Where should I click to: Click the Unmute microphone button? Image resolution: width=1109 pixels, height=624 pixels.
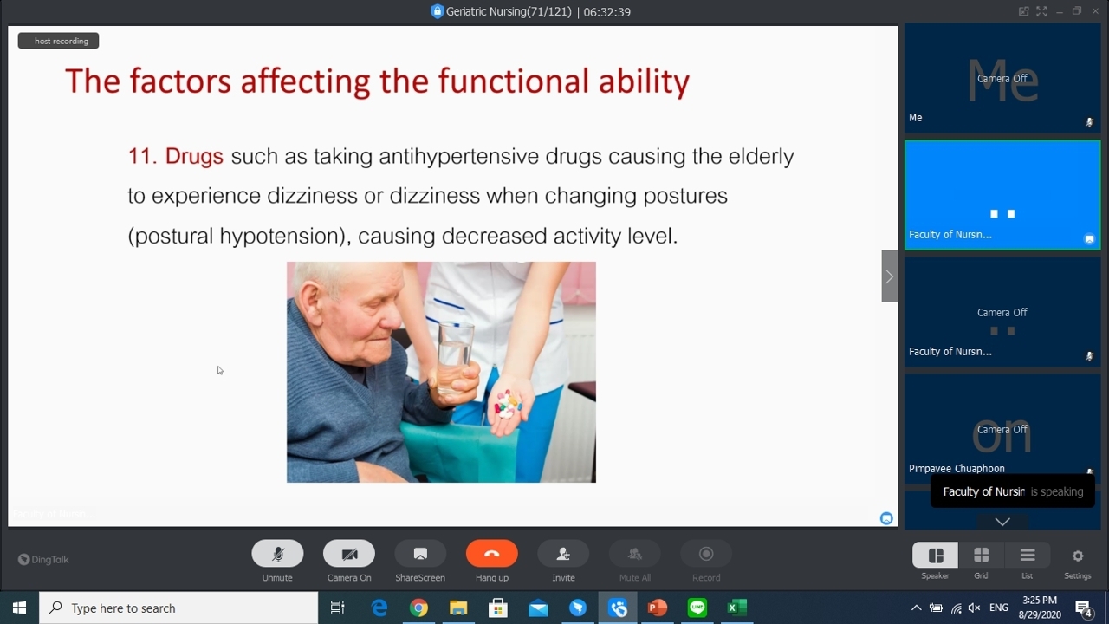click(x=277, y=554)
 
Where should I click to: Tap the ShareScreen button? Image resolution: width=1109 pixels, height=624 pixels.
click(x=420, y=554)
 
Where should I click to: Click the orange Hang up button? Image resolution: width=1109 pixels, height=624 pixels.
click(x=491, y=554)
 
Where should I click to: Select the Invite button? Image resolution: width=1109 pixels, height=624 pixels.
click(x=563, y=554)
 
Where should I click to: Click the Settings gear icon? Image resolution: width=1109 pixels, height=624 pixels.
click(x=1078, y=556)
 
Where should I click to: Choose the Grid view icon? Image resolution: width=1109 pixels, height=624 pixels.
click(x=982, y=556)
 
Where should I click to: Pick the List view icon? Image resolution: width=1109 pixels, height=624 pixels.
click(x=1028, y=556)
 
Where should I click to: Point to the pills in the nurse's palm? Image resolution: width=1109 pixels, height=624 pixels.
click(x=507, y=404)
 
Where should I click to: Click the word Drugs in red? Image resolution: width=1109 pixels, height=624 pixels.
click(x=194, y=156)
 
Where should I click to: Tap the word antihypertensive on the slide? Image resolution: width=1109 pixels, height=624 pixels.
click(x=459, y=157)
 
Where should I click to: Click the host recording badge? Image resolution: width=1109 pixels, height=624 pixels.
click(x=58, y=41)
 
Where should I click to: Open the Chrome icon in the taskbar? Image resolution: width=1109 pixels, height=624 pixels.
click(x=418, y=608)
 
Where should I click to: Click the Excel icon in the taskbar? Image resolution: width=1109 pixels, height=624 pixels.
click(x=736, y=608)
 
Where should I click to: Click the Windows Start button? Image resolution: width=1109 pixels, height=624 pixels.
click(x=19, y=608)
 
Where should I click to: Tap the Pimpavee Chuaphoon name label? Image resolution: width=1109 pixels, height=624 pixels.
click(x=957, y=469)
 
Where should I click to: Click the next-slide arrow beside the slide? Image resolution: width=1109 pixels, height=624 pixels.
click(x=889, y=276)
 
